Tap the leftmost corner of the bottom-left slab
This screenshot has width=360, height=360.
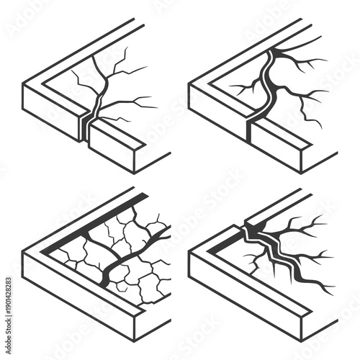24,256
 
